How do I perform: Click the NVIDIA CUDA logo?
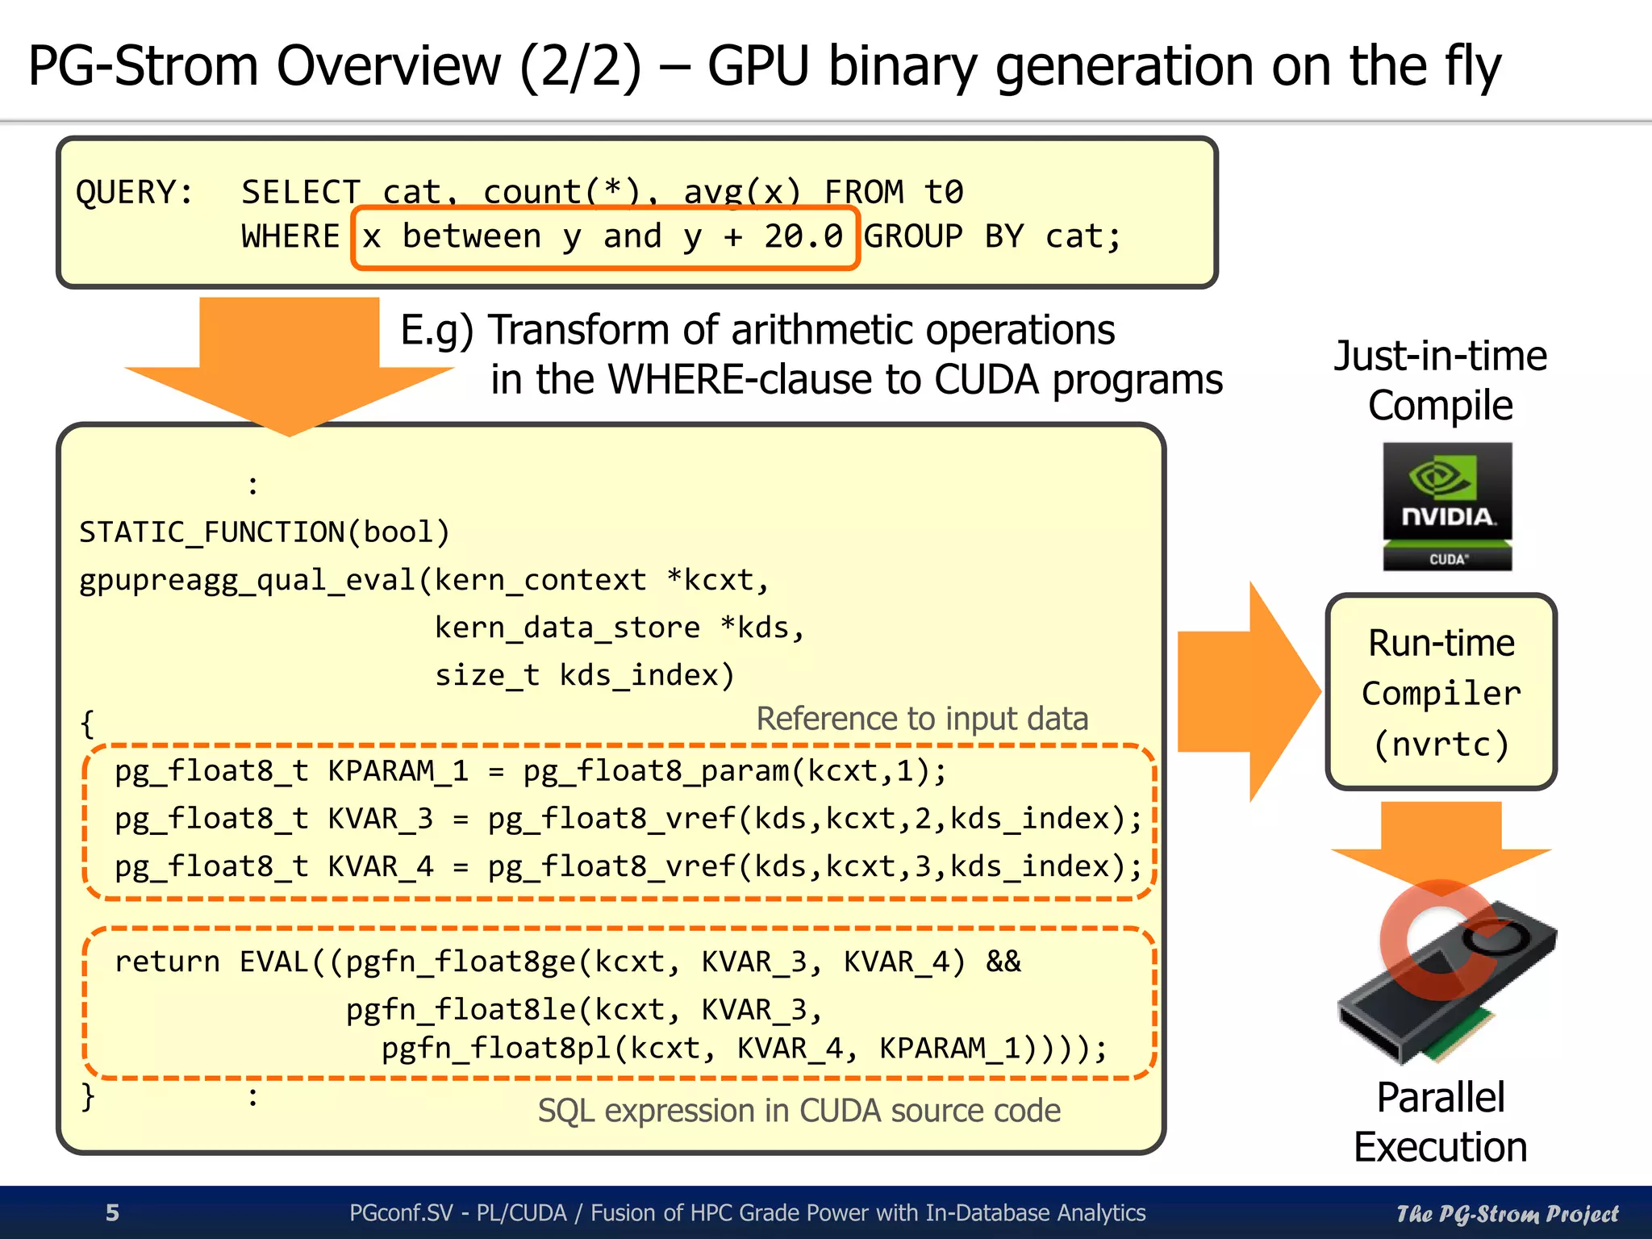click(x=1447, y=507)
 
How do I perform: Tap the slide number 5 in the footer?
click(x=113, y=1212)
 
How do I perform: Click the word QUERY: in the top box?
click(x=135, y=193)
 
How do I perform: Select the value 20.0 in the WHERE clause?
click(x=803, y=236)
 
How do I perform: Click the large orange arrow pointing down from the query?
click(x=290, y=363)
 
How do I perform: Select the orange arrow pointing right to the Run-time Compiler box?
click(x=1246, y=691)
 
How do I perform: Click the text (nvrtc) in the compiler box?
click(x=1441, y=744)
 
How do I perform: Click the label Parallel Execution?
click(x=1441, y=1121)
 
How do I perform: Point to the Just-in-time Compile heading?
click(x=1441, y=380)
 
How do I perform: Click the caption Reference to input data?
click(x=922, y=718)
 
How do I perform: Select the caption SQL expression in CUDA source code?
click(x=799, y=1111)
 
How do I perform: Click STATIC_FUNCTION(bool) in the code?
click(x=264, y=532)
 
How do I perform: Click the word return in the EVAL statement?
click(x=167, y=962)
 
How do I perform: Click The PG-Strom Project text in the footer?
click(x=1507, y=1213)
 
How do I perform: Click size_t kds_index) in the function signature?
click(x=585, y=675)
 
